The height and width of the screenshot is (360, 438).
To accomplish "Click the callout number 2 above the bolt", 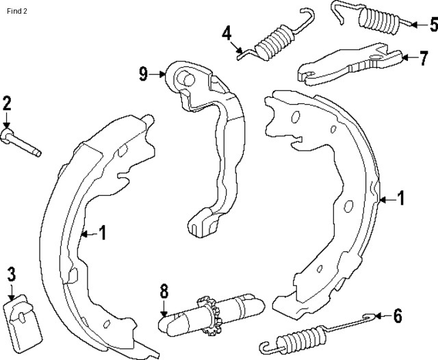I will click(7, 104).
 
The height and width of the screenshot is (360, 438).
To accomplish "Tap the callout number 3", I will click(11, 275).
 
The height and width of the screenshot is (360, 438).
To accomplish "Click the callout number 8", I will click(164, 290).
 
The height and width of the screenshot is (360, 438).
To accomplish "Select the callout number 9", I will click(144, 73).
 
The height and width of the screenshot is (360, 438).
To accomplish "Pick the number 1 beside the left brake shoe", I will click(103, 233).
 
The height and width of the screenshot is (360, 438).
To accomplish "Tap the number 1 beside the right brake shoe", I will click(401, 198).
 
